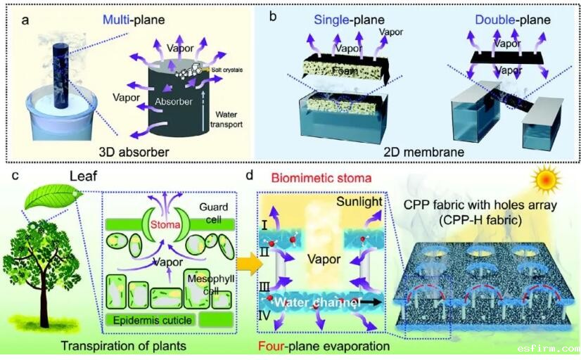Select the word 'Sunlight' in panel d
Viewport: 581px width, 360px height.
click(x=359, y=202)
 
